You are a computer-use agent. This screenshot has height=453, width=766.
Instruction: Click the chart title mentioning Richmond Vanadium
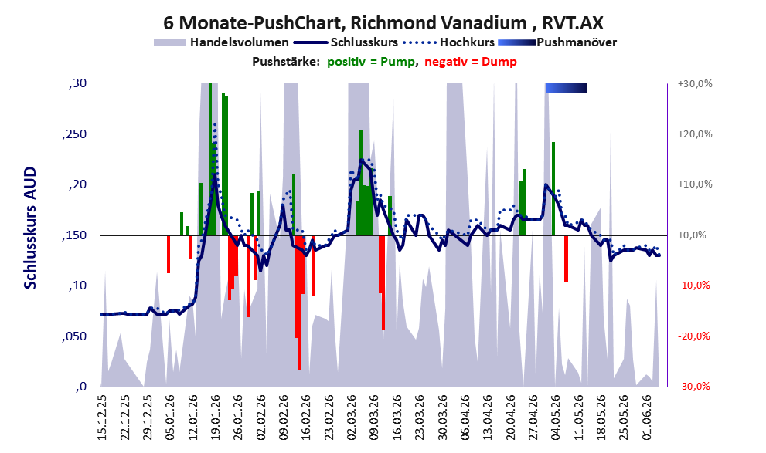tap(383, 22)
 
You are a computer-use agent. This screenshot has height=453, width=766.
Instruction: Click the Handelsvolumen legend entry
tap(221, 42)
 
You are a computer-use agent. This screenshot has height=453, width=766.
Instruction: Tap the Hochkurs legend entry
tap(449, 42)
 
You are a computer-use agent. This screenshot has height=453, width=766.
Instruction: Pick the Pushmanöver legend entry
tap(557, 42)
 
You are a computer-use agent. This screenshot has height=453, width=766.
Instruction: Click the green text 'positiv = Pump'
tap(371, 62)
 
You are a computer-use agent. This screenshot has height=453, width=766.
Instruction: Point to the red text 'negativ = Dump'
tap(471, 62)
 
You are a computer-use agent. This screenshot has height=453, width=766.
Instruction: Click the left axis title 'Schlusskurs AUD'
tap(30, 228)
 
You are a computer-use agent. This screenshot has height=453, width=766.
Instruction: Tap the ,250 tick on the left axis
tap(74, 134)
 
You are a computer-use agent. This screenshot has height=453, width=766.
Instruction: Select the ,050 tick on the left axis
tap(74, 336)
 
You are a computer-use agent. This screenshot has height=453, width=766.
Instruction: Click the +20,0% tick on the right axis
tap(695, 134)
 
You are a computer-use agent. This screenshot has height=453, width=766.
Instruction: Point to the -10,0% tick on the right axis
tap(693, 286)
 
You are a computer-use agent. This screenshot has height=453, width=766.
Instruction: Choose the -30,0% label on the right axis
tap(693, 386)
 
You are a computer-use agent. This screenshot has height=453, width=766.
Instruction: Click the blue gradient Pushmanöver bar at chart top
tap(567, 88)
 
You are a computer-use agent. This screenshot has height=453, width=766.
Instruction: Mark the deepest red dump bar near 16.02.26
tap(300, 303)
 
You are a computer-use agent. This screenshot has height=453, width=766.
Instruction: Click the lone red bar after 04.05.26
tap(567, 259)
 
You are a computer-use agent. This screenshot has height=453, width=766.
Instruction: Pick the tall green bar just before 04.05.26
tap(553, 189)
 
